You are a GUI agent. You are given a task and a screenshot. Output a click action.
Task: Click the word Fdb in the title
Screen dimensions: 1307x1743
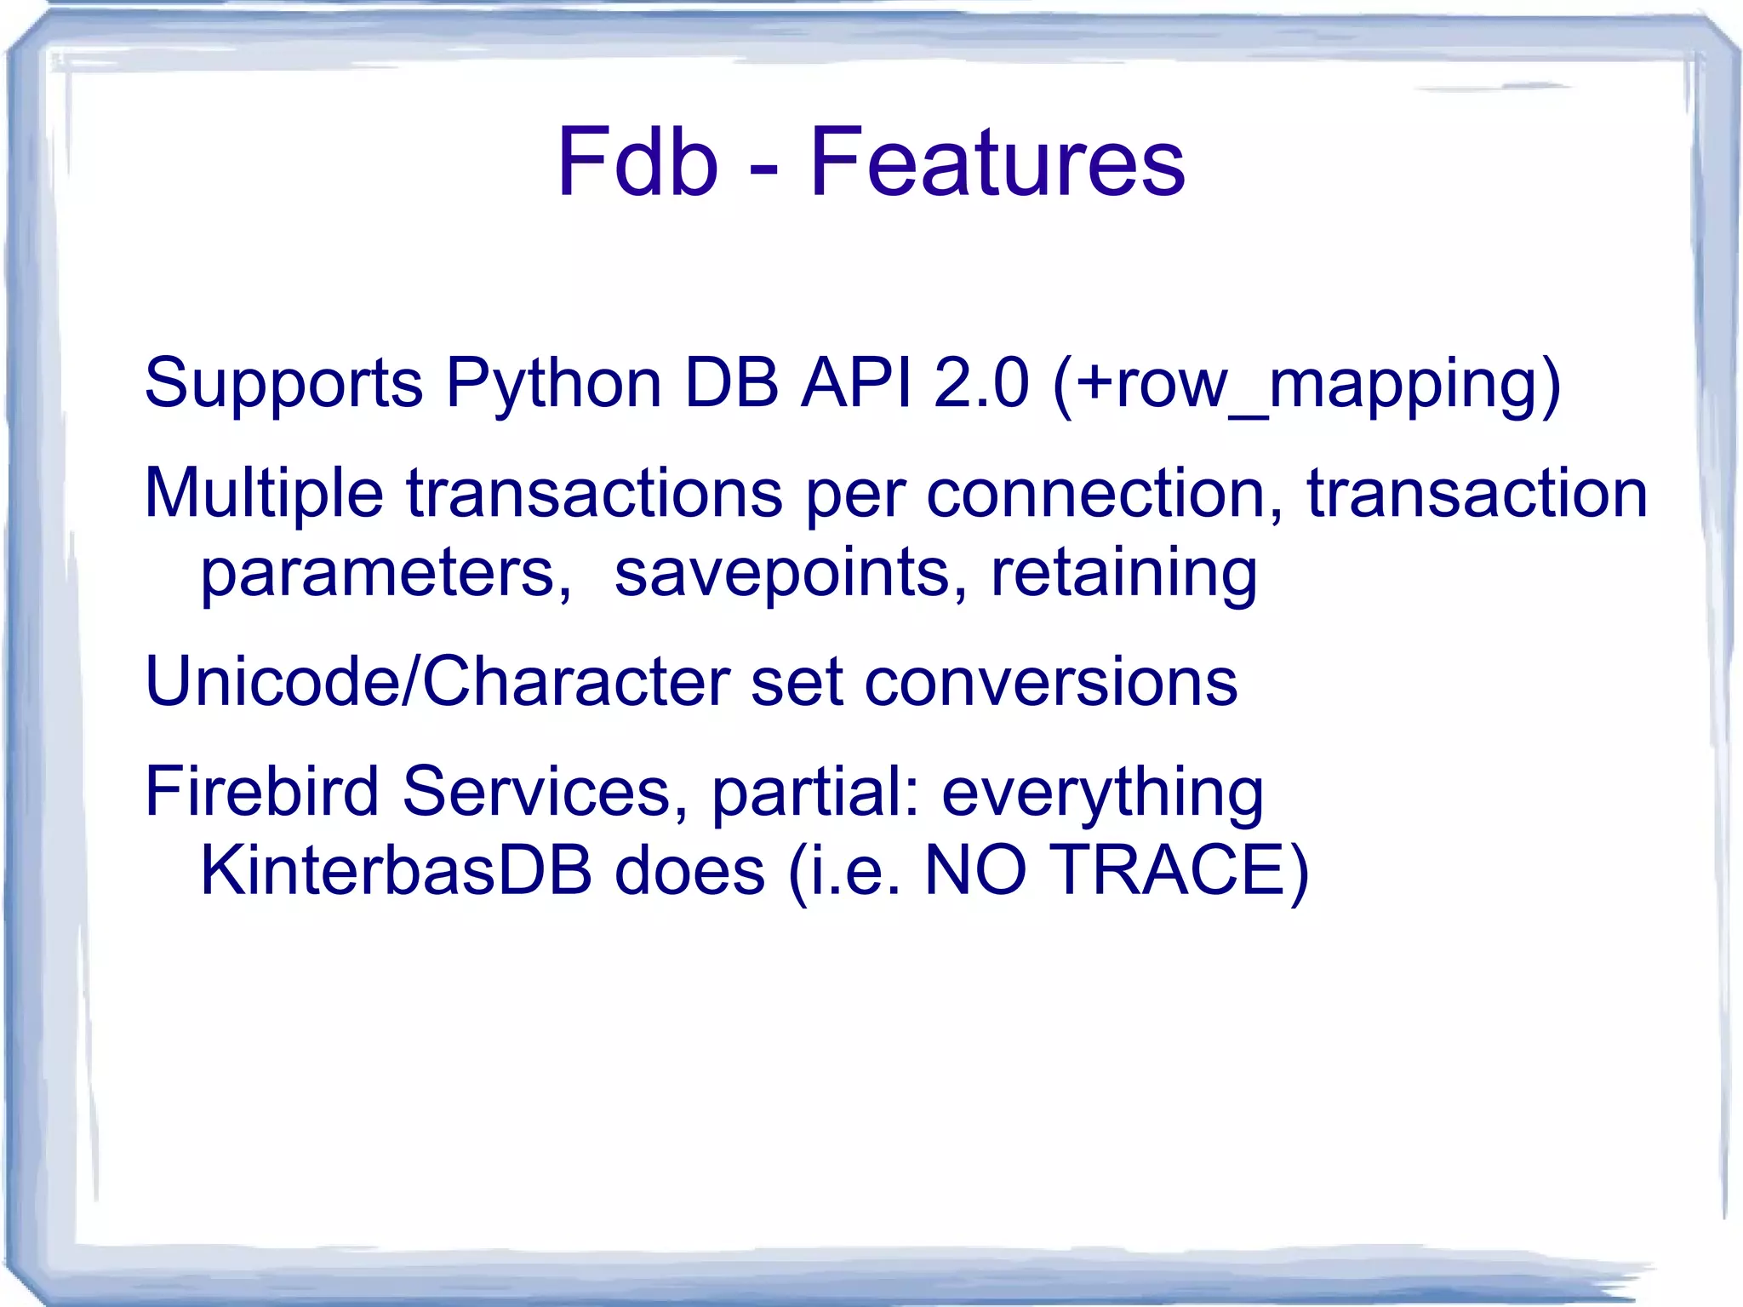pos(637,162)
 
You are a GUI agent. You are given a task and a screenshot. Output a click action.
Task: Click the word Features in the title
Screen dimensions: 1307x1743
pos(997,162)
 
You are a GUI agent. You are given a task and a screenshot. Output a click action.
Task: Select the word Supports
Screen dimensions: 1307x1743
pos(283,383)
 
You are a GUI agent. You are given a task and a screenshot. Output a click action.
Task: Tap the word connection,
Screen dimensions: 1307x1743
pos(1106,494)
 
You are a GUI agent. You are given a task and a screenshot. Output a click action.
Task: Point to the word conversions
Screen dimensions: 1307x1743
pos(1051,683)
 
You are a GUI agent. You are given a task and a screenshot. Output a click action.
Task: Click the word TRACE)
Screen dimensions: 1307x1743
pos(1179,870)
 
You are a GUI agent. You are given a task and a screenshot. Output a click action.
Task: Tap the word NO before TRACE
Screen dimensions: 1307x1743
pos(975,870)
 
